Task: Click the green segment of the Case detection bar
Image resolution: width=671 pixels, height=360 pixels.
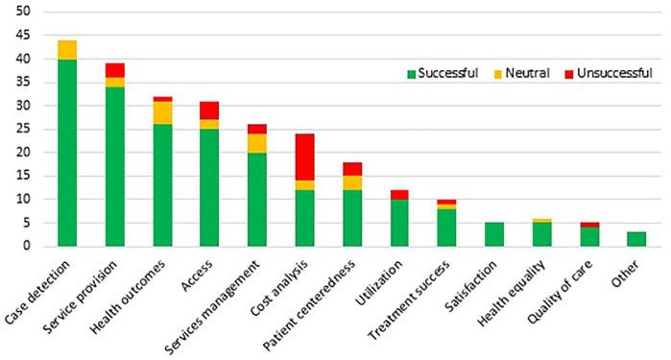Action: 67,152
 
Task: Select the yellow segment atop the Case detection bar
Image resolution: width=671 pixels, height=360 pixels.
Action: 67,50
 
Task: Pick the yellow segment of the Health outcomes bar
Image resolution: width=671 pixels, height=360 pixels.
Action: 161,112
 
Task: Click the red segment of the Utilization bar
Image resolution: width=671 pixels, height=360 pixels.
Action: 399,195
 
